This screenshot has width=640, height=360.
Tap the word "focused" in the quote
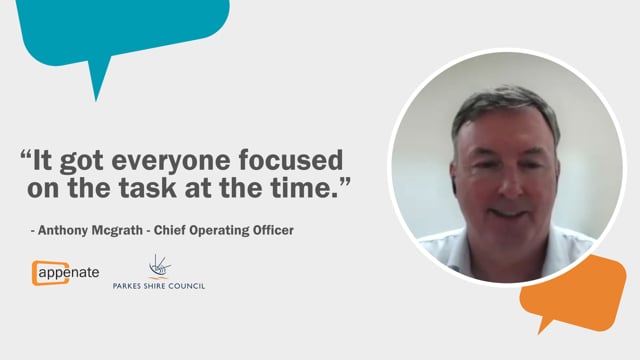point(297,160)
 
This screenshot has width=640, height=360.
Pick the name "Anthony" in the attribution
point(67,231)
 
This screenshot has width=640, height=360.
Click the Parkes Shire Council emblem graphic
point(158,265)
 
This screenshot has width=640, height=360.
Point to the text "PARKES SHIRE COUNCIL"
point(159,286)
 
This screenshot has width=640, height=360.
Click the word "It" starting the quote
point(49,160)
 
